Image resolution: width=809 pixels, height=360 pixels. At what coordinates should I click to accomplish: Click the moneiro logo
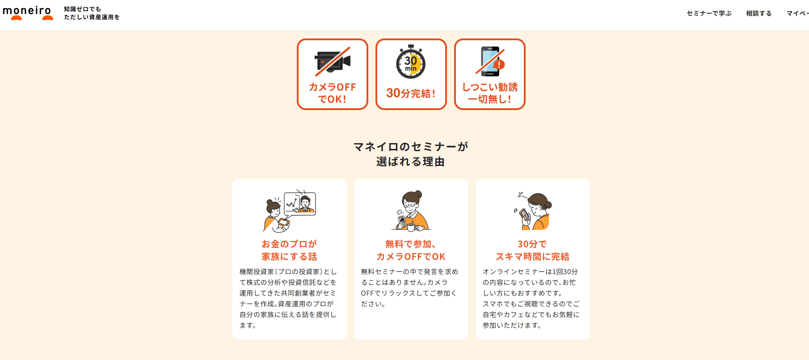(28, 13)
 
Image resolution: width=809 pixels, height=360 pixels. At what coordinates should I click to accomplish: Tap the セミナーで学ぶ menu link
(709, 13)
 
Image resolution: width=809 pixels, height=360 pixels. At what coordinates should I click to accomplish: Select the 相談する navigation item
(758, 13)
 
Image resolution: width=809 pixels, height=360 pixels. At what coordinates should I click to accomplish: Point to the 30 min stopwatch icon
(411, 62)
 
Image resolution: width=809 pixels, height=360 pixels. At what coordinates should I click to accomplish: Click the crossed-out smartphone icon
(490, 61)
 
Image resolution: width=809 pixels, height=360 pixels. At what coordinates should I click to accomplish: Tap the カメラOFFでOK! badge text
(333, 93)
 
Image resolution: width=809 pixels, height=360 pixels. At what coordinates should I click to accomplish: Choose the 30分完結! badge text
(411, 93)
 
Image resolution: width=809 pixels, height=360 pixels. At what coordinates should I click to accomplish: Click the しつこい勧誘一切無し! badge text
(490, 93)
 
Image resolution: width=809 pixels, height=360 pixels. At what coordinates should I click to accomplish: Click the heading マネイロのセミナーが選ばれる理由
(411, 154)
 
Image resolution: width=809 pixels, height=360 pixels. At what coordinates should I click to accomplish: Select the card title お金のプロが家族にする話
(289, 250)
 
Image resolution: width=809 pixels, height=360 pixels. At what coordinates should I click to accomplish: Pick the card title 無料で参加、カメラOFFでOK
(411, 250)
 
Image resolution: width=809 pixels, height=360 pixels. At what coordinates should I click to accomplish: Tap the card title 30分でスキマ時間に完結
(532, 250)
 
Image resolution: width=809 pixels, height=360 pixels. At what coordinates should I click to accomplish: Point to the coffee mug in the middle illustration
(411, 227)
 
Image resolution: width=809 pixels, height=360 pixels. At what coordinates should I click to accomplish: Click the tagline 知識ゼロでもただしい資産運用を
(92, 13)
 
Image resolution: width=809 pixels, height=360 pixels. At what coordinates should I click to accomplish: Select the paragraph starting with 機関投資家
(288, 298)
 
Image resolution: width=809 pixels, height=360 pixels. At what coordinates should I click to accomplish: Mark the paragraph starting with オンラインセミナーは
(531, 298)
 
